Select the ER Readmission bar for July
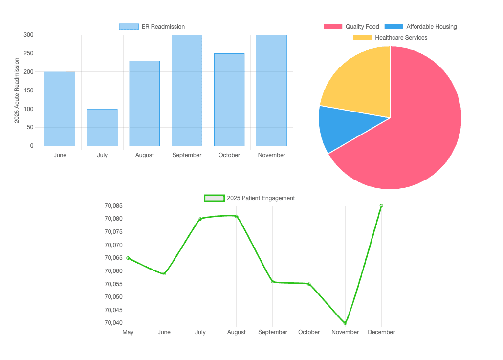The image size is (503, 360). pos(102,127)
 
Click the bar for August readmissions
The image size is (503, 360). pos(144,103)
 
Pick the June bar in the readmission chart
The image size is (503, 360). pos(60,109)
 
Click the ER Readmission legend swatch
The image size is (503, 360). pos(129,27)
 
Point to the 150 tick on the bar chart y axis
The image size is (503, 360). pos(28,90)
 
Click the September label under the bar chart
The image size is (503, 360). pos(187,155)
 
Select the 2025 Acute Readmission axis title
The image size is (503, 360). pos(17,90)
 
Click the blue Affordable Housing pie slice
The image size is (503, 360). pos(342,128)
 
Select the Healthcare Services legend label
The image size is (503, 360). pos(401,38)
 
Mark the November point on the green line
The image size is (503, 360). pos(345,323)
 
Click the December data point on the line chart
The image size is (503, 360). pos(381,206)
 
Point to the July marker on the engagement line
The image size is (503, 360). pos(200,219)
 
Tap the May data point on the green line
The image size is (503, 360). pos(128,258)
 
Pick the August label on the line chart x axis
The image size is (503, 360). pos(237,332)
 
